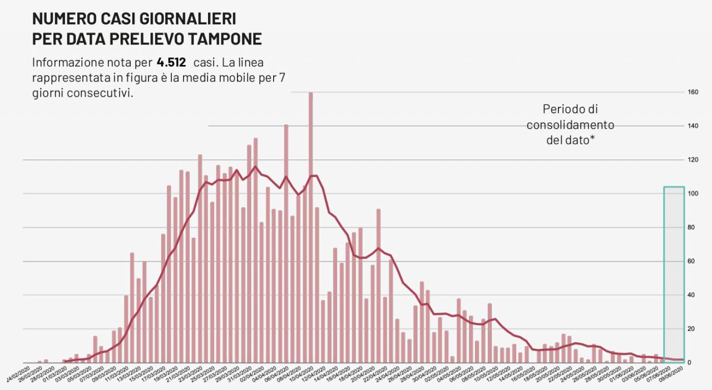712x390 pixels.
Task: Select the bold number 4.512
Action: (171, 62)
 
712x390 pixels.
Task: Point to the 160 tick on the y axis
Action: (693, 92)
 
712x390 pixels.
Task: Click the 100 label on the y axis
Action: (693, 194)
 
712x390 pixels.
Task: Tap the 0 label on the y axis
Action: (690, 363)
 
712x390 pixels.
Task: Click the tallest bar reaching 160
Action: (310, 222)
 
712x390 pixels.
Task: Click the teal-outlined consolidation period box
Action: (674, 274)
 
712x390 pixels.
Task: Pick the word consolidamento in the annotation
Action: (570, 125)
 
